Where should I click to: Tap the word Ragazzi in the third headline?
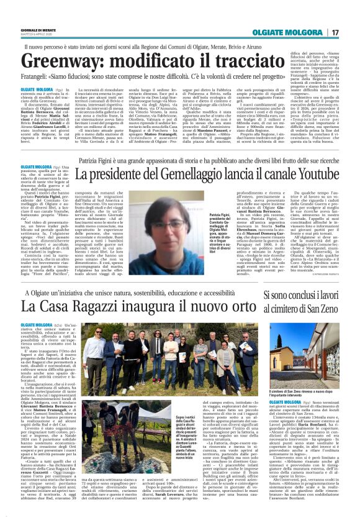[x=94, y=306]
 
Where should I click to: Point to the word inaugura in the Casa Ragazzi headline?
[x=155, y=306]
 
